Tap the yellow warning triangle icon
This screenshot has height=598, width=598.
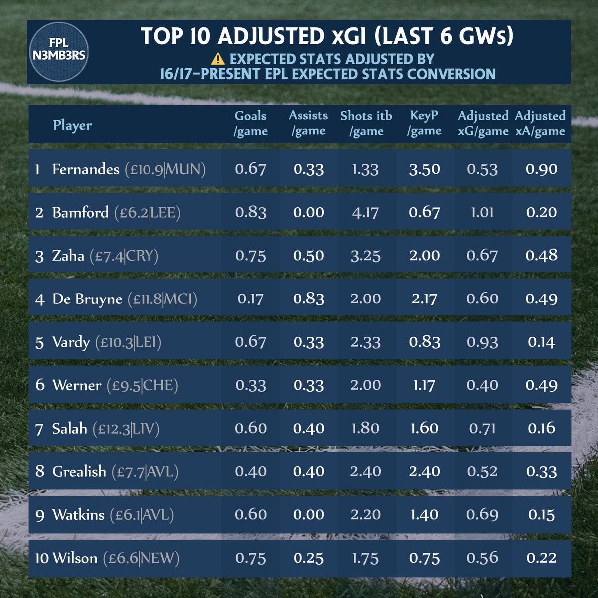tap(218, 59)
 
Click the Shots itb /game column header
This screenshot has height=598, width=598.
tap(366, 123)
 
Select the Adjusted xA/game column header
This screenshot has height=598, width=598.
tap(540, 123)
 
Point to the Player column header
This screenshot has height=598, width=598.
tap(73, 125)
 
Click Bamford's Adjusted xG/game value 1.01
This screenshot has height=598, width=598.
tap(482, 212)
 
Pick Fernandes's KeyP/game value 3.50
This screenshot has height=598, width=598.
tap(424, 169)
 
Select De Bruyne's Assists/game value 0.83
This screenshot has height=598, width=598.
tap(308, 299)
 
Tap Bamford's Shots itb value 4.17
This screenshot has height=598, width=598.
tap(365, 212)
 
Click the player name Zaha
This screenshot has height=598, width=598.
tap(68, 256)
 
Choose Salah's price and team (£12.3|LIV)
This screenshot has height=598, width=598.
tap(126, 429)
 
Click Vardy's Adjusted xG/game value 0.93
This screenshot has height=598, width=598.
tap(482, 342)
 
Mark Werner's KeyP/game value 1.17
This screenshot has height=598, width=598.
tap(424, 385)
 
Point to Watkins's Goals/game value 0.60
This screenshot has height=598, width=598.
tap(251, 515)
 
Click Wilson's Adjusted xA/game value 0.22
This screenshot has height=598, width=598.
tap(541, 558)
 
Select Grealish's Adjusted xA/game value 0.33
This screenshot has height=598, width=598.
tap(541, 472)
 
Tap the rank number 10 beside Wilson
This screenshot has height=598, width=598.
tap(41, 558)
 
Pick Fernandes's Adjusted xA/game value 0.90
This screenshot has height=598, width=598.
tap(541, 169)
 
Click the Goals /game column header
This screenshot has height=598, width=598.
tap(251, 123)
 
